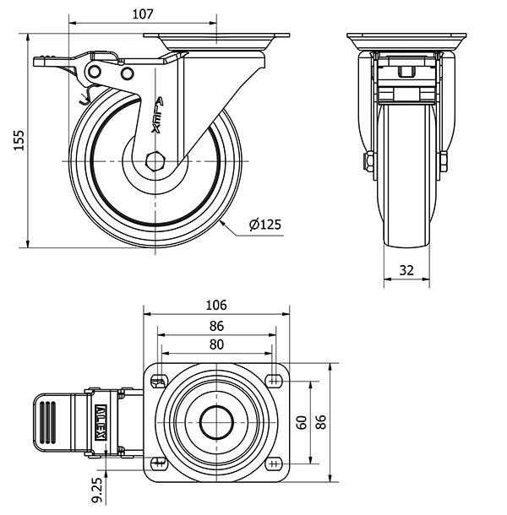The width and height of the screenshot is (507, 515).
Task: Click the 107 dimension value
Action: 143,14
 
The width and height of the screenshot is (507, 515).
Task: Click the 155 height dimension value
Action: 19,140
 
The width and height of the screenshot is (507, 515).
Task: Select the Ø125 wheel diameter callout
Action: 265,225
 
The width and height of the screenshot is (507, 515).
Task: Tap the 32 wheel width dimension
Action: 406,270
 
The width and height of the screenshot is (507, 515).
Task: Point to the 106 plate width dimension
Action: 216,305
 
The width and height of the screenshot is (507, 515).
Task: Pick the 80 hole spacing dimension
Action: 216,344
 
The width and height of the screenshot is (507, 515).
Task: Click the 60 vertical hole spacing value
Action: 302,422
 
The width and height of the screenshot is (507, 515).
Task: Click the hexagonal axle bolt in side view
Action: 155,161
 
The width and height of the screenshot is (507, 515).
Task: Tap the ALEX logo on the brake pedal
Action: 101,422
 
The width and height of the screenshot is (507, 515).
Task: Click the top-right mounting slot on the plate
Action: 275,381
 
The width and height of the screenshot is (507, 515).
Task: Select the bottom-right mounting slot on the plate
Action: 275,463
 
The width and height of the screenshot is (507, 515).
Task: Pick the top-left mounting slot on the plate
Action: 159,382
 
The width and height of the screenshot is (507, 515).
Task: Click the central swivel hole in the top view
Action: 216,422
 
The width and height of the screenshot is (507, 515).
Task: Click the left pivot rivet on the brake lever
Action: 95,72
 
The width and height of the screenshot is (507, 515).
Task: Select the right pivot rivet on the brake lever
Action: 127,73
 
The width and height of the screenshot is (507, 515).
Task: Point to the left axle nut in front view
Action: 369,161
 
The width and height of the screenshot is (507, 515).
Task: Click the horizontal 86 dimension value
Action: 216,326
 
